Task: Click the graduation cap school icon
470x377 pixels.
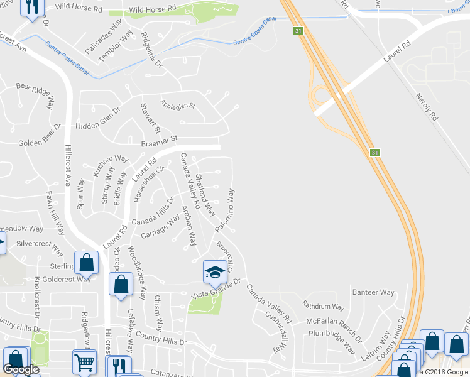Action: (x=215, y=271)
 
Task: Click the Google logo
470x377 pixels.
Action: (x=21, y=369)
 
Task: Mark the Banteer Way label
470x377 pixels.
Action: (x=373, y=292)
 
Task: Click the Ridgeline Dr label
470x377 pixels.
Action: (x=152, y=50)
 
